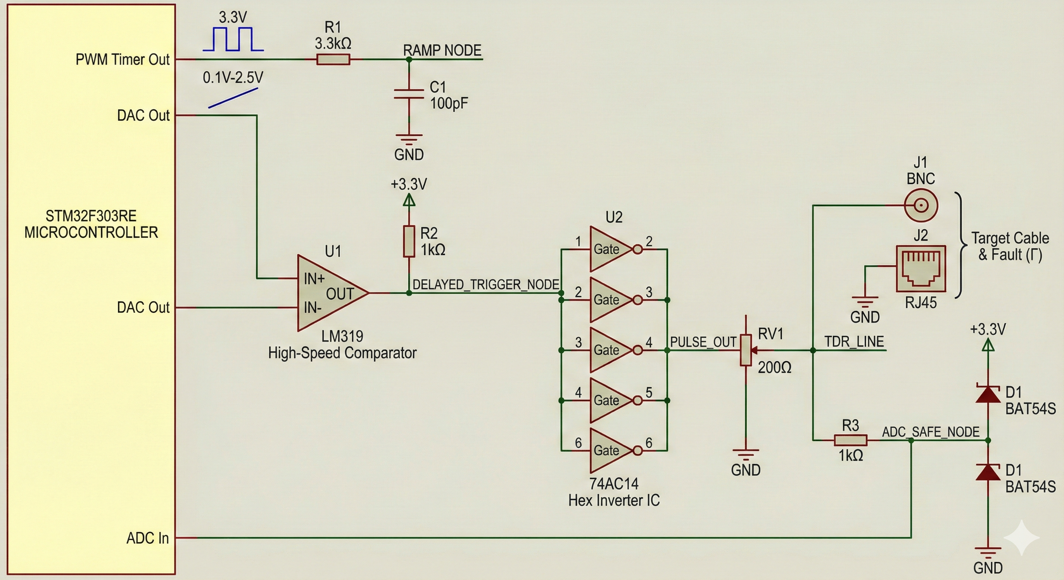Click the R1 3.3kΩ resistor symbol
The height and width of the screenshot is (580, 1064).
pyautogui.click(x=333, y=60)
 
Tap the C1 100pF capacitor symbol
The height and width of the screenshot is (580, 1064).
pyautogui.click(x=408, y=94)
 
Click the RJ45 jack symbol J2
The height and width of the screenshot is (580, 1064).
pyautogui.click(x=921, y=269)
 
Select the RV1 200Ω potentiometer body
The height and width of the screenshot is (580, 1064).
pyautogui.click(x=745, y=350)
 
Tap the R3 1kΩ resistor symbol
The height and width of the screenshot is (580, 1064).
pyautogui.click(x=850, y=440)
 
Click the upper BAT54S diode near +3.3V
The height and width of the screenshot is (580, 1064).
pyautogui.click(x=988, y=393)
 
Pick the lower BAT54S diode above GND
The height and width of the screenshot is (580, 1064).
pyautogui.click(x=988, y=472)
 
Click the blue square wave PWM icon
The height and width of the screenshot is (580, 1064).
pyautogui.click(x=234, y=39)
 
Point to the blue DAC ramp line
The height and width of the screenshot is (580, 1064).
pyautogui.click(x=234, y=97)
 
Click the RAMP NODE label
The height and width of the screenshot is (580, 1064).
pyautogui.click(x=442, y=50)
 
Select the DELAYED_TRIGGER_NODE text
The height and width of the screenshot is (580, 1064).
pyautogui.click(x=486, y=284)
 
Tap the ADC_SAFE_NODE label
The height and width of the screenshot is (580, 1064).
pyautogui.click(x=931, y=432)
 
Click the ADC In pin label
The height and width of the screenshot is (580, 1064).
pyautogui.click(x=147, y=538)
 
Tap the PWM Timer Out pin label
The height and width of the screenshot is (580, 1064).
pyautogui.click(x=122, y=59)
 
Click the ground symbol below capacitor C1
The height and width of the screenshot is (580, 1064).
pyautogui.click(x=408, y=139)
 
